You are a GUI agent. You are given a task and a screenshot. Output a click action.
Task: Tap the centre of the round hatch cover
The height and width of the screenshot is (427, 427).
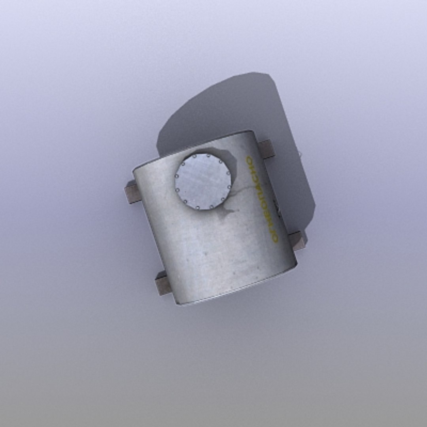(203, 181)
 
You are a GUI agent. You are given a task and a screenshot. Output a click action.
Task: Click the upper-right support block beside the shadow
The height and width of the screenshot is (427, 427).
(267, 149)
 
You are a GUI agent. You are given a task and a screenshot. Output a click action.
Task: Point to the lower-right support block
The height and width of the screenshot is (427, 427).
(298, 240)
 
